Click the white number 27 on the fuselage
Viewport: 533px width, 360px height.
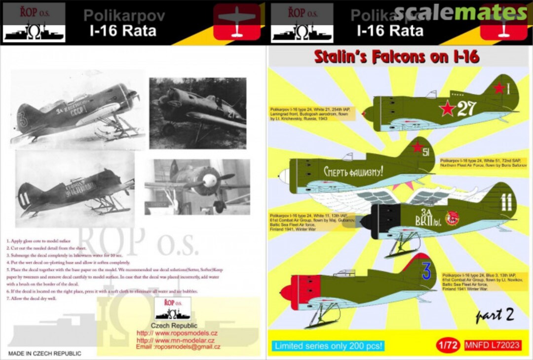coord(466,108)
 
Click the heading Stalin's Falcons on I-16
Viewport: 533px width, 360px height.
coord(397,57)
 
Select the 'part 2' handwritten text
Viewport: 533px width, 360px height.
coord(495,316)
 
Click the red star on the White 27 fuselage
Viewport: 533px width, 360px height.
coord(447,108)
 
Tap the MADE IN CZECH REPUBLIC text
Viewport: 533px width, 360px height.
coord(44,354)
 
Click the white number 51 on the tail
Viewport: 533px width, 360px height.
coord(425,152)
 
